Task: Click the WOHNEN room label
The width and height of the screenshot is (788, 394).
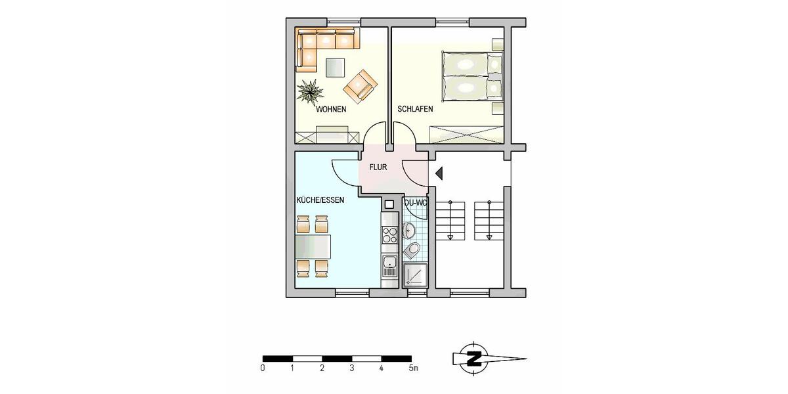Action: (332, 110)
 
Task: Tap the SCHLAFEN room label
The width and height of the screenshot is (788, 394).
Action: (414, 110)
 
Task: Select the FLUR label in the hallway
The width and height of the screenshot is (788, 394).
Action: (378, 167)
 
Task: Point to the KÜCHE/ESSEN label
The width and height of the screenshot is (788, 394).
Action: (320, 200)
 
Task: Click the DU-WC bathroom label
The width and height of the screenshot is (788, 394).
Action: (415, 203)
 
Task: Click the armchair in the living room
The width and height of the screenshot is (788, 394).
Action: (361, 86)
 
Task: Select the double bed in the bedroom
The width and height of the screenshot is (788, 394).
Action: (471, 77)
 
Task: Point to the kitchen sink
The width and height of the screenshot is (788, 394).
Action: (389, 267)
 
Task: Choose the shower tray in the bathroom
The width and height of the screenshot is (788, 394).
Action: (415, 274)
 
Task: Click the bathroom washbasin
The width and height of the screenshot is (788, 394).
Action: (409, 230)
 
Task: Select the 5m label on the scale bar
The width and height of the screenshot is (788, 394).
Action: (413, 368)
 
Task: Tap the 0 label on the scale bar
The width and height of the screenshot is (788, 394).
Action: (263, 368)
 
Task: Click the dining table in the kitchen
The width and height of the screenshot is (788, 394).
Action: (313, 247)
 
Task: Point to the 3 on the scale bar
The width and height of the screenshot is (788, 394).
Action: (352, 368)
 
